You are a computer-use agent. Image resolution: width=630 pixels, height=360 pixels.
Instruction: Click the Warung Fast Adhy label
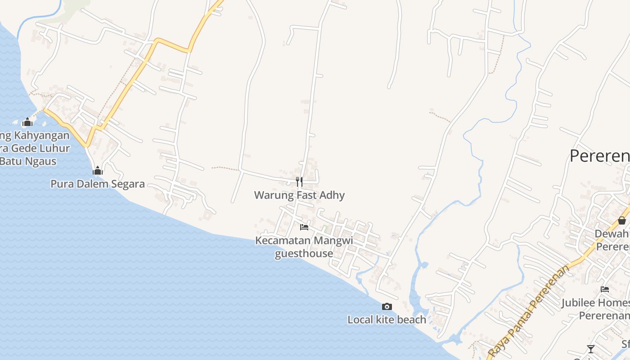point(299,195)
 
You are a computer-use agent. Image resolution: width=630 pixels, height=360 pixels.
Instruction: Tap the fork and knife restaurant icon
point(299,182)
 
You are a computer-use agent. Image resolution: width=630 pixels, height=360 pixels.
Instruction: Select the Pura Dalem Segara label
point(98,184)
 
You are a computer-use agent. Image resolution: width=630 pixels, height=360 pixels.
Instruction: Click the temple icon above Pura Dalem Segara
point(98,171)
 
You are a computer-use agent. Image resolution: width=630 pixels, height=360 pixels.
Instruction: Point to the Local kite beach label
point(387,319)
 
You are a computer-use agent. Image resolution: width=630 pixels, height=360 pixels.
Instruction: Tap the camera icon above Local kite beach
point(387,307)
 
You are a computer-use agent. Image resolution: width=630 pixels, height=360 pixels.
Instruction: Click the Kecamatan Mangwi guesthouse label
point(304,247)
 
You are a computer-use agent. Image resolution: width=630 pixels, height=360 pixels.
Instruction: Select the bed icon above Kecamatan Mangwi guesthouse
point(304,227)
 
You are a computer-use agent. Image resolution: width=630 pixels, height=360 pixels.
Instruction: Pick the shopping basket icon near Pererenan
point(621,220)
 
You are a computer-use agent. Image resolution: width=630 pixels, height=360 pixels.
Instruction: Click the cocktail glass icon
point(590,349)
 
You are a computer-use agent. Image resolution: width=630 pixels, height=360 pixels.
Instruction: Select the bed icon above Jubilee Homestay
point(605,289)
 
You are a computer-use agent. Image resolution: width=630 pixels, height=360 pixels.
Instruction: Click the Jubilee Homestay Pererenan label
point(596,309)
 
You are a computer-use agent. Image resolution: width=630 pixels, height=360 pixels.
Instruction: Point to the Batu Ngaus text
point(28,161)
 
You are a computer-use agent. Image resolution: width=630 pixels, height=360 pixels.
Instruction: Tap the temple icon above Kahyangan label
point(27,122)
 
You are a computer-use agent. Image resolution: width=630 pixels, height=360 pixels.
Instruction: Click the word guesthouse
point(304,253)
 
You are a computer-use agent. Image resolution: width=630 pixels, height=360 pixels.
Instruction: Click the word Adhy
point(331,195)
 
